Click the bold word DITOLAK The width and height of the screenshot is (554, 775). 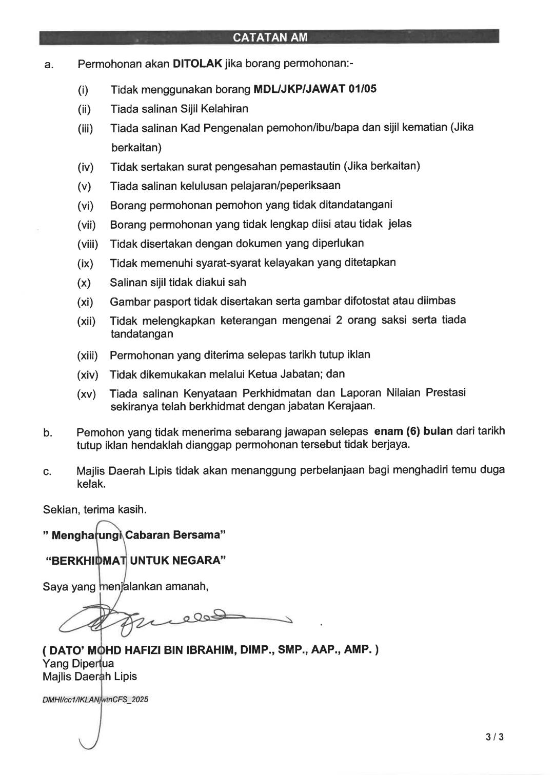click(197, 64)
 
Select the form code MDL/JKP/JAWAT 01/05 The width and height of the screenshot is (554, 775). click(315, 89)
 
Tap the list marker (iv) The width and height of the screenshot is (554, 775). click(85, 167)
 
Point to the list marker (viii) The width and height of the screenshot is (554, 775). click(87, 244)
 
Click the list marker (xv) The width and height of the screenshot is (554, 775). click(86, 394)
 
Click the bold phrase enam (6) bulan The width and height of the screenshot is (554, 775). click(413, 431)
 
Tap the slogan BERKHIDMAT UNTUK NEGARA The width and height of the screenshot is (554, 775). click(136, 560)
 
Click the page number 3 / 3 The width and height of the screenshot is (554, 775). click(494, 738)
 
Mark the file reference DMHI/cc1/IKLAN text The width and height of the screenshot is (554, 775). click(95, 700)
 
